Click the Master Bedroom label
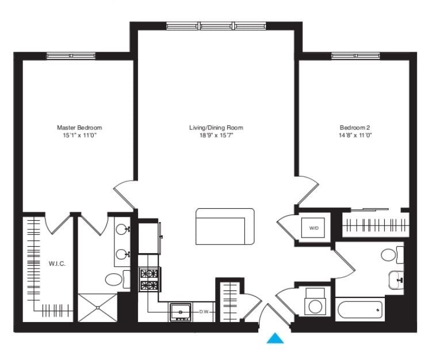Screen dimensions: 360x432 (x=79, y=127)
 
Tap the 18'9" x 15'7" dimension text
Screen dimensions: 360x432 (x=216, y=135)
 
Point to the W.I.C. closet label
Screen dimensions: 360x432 (x=57, y=264)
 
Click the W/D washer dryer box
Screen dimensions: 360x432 (x=314, y=228)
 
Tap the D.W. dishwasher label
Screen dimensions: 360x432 (x=204, y=312)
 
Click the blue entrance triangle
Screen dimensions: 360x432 (x=276, y=339)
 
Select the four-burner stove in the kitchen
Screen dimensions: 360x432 (x=149, y=280)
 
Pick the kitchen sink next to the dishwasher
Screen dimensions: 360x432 (x=181, y=312)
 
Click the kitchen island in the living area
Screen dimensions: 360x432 (x=224, y=227)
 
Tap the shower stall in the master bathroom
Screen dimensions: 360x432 (x=97, y=308)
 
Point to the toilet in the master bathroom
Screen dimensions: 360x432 (x=115, y=280)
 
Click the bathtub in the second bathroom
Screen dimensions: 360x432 (x=360, y=311)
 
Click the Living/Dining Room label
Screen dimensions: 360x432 (x=216, y=127)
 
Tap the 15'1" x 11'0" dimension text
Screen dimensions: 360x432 (x=79, y=135)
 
